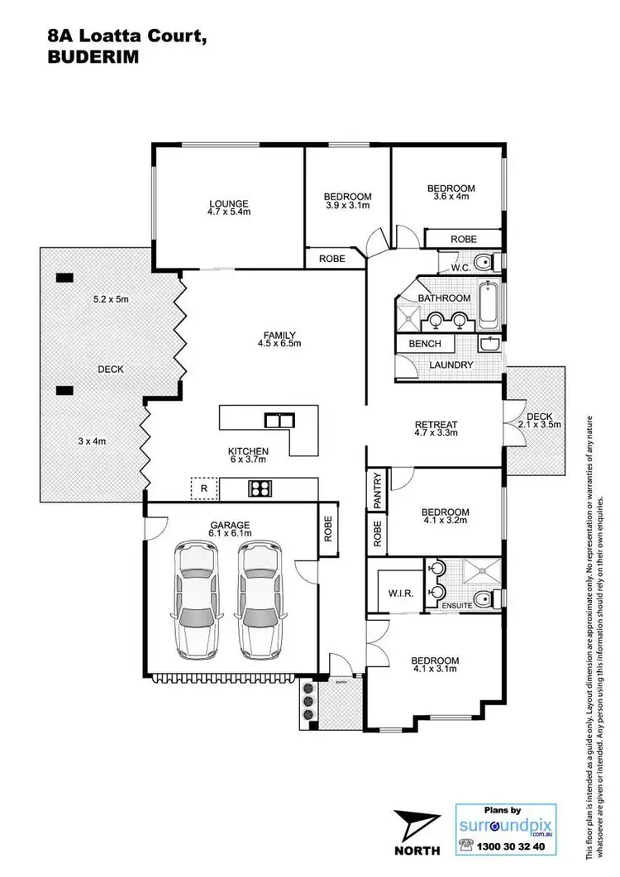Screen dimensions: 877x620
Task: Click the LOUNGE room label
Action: coord(229,203)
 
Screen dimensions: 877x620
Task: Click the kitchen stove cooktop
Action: coord(260,489)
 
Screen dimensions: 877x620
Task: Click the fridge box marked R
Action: coord(203,489)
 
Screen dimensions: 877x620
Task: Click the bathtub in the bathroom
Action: coord(489,307)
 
